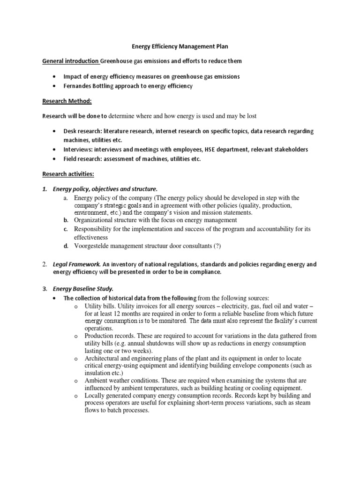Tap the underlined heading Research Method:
click(67, 101)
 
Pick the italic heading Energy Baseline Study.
click(83, 289)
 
